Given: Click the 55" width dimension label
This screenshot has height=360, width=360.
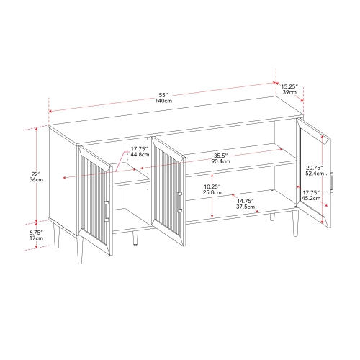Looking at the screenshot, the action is point(164,95).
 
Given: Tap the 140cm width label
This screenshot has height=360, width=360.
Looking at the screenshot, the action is point(163,101).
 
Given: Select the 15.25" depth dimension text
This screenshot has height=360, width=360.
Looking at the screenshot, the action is point(289,86).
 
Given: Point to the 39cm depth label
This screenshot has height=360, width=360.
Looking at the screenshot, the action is point(289,92).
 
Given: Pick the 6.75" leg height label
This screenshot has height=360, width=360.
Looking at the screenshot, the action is point(36,233).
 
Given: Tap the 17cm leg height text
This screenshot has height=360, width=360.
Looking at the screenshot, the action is point(36,238).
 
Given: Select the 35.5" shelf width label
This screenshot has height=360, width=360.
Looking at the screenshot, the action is point(221,156).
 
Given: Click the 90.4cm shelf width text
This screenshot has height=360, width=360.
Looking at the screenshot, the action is point(221,161).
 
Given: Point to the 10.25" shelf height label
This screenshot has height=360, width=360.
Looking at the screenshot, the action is point(212,186).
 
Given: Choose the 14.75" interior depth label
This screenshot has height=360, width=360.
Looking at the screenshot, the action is point(246,201).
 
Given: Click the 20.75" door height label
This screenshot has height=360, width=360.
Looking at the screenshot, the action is point(315,168).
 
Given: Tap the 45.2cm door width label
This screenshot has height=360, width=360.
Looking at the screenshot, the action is point(311,198).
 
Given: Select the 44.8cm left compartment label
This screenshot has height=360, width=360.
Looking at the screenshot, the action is point(140,155).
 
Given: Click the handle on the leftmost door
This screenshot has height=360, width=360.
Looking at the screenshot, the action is point(106,211).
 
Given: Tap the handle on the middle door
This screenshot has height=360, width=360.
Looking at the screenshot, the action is point(179,202).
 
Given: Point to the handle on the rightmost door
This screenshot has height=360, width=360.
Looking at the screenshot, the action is point(332,181).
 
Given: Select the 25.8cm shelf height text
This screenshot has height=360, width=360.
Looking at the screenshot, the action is point(212,192).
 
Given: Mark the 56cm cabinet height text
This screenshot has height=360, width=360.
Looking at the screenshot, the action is point(37,179).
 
